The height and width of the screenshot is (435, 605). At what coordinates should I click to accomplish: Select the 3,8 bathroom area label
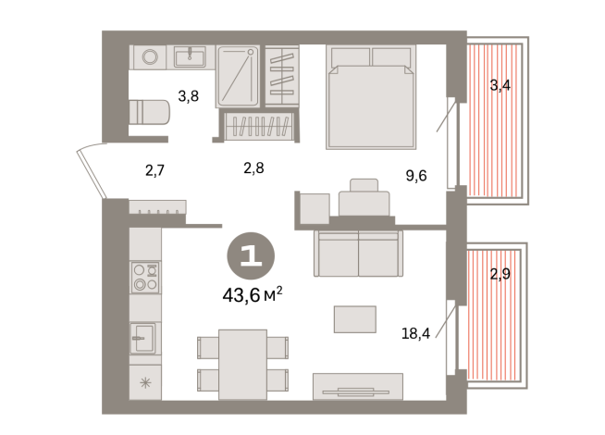tap(188, 95)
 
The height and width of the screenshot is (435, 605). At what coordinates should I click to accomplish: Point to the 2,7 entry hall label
tap(154, 168)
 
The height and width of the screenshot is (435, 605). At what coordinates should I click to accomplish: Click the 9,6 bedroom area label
tap(415, 175)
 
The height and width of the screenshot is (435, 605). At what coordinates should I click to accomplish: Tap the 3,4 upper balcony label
tap(500, 86)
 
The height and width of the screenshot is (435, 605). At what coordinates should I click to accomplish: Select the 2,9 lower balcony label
tap(500, 274)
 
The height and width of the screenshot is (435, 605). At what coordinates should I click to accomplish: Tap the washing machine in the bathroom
tap(149, 57)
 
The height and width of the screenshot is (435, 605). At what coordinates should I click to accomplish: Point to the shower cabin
tap(240, 76)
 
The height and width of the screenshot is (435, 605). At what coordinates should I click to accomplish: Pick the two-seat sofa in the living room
tap(358, 252)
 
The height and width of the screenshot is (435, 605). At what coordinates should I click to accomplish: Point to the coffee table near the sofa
tap(355, 319)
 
